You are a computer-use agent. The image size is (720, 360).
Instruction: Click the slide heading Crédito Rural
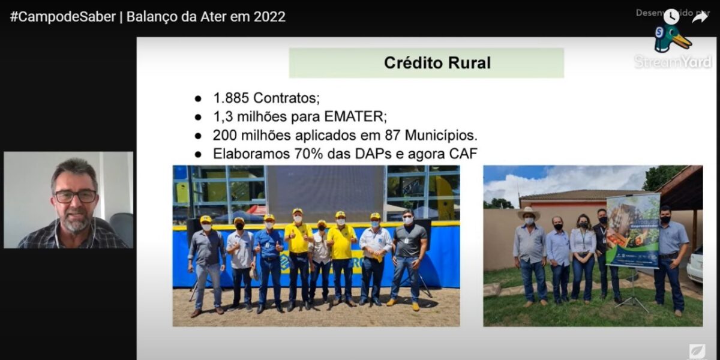437,63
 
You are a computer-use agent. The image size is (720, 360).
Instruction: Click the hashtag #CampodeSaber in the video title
62,16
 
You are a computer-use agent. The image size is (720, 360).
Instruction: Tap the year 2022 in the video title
269,16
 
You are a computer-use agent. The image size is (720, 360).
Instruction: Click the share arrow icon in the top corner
700,17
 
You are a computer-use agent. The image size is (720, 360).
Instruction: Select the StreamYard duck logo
671,39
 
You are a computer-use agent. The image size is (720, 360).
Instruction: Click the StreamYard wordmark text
673,62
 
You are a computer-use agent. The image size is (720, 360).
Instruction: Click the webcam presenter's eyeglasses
76,196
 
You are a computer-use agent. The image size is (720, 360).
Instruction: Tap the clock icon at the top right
671,17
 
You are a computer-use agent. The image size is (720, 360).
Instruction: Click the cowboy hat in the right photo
529,212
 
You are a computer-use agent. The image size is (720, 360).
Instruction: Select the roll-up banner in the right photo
632,231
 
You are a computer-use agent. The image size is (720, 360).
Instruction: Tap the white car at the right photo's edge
695,265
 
